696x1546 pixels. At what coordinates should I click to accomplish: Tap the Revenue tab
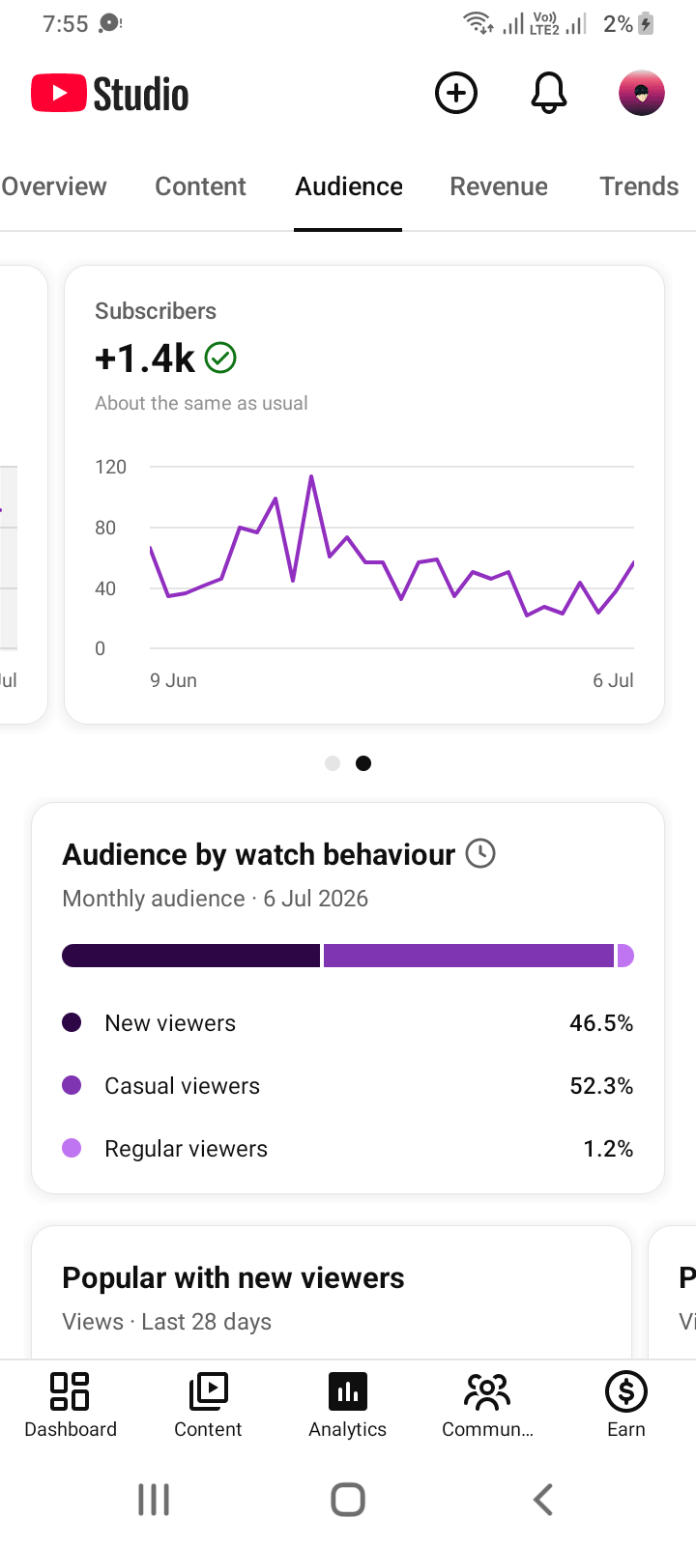tap(499, 186)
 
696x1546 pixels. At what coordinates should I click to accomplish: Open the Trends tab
tap(639, 186)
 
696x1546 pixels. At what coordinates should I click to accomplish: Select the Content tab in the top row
tap(200, 186)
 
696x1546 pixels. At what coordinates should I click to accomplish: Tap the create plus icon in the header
tap(455, 93)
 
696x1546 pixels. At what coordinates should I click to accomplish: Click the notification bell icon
tap(549, 93)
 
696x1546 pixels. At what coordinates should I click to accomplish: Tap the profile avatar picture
tap(642, 93)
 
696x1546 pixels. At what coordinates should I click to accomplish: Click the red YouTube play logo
tap(59, 93)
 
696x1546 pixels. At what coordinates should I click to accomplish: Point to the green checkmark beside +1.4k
tap(221, 358)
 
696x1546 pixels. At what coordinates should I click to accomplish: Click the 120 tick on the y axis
tap(110, 468)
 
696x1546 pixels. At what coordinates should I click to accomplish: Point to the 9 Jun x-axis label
tap(173, 680)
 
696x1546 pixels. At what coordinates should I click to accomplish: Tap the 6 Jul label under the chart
tap(613, 680)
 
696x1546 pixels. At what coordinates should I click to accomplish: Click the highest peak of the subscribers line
tap(311, 476)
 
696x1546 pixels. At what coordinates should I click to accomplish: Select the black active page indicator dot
tap(363, 763)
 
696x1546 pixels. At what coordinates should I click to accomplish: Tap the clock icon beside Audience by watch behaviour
tap(480, 853)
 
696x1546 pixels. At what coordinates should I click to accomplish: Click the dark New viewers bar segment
tap(191, 956)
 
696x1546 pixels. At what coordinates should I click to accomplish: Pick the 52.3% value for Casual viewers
tap(601, 1086)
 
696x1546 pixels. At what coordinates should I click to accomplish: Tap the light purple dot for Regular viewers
tap(72, 1148)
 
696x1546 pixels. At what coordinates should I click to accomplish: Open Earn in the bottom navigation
tap(626, 1404)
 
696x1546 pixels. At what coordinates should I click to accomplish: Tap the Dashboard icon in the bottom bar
tap(70, 1390)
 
